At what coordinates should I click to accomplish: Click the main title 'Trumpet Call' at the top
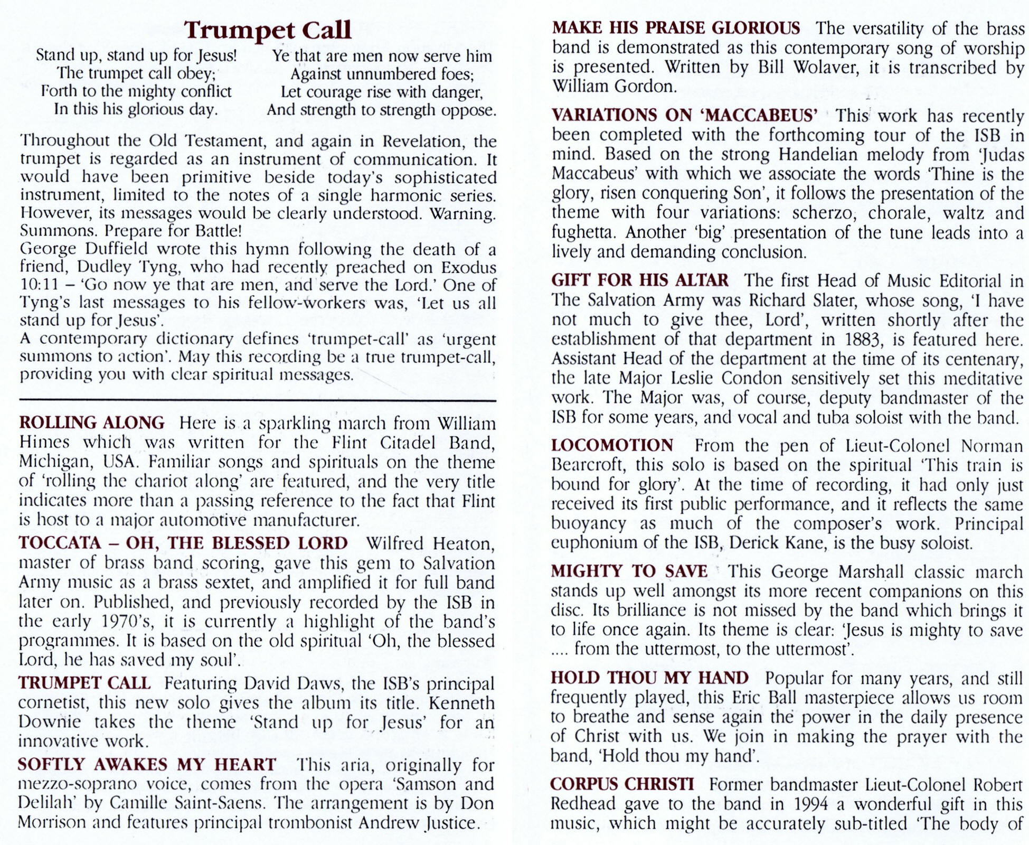[x=268, y=30]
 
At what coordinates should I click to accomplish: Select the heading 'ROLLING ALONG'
[x=92, y=423]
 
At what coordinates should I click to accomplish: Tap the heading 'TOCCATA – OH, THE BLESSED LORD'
[x=183, y=543]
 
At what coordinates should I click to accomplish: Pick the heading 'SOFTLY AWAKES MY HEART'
[x=147, y=764]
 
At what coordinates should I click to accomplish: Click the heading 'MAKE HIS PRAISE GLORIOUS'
[x=676, y=27]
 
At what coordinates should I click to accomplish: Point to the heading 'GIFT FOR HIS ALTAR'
[x=640, y=279]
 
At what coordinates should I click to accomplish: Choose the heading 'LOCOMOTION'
[x=612, y=445]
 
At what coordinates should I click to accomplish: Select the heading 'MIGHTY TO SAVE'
[x=629, y=571]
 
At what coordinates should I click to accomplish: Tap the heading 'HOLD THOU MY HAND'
[x=650, y=678]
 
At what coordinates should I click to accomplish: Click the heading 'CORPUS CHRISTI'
[x=622, y=784]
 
